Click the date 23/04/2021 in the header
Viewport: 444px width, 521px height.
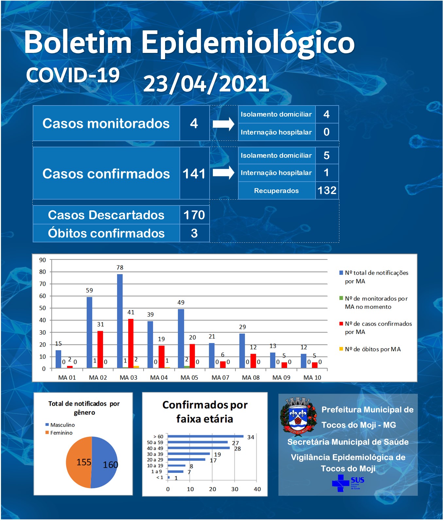[x=206, y=84]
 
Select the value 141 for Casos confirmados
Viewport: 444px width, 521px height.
[x=194, y=174]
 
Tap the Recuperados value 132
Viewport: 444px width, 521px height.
[x=327, y=190]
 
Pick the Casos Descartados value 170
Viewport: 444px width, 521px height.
[x=194, y=215]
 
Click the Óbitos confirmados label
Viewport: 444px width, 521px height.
[x=106, y=233]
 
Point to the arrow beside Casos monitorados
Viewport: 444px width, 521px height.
[x=224, y=124]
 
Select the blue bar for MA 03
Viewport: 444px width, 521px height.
[x=120, y=321]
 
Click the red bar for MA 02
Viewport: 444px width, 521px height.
[x=100, y=350]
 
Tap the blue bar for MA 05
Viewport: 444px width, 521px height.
[x=181, y=339]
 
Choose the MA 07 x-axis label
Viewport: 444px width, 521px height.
[x=220, y=378]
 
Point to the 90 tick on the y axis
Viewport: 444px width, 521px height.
[x=43, y=260]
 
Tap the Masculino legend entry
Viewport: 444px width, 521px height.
[x=60, y=425]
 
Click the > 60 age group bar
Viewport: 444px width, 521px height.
[x=206, y=436]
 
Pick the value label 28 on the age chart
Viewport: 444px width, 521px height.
[x=238, y=449]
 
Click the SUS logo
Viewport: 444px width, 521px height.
[x=348, y=483]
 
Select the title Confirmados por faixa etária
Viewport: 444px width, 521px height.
[x=205, y=412]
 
